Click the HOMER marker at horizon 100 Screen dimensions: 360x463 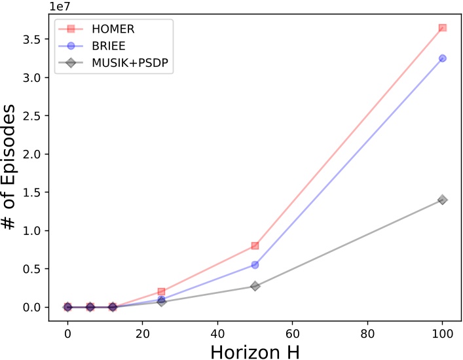(x=443, y=28)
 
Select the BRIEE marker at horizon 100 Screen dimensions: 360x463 (x=443, y=58)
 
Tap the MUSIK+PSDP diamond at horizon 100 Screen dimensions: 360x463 (x=443, y=200)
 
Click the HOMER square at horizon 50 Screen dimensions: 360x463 (x=255, y=245)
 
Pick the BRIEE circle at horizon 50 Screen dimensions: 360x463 (x=255, y=264)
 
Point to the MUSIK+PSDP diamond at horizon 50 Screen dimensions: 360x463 (x=255, y=286)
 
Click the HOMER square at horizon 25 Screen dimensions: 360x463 (x=161, y=291)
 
